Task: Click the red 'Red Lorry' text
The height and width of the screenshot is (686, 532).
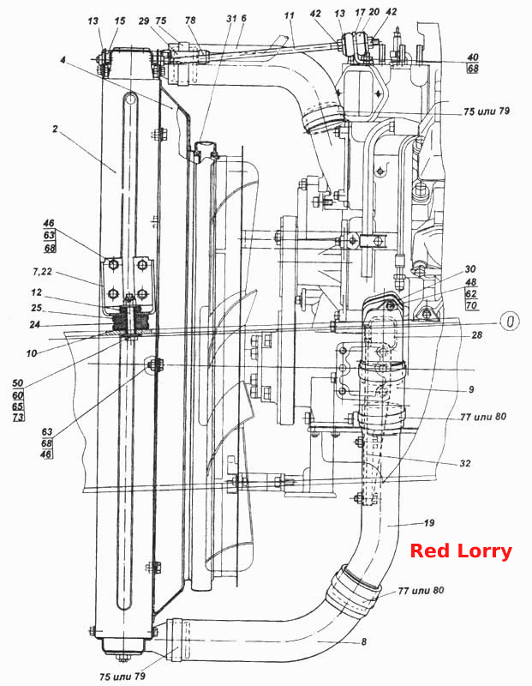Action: pos(461,551)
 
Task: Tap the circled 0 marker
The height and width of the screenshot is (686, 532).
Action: pos(509,322)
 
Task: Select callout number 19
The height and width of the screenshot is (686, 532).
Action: pos(429,523)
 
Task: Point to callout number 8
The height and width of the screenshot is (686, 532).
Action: pos(364,641)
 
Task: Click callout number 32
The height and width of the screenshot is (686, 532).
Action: pos(465,463)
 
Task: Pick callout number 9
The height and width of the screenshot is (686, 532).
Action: pos(471,389)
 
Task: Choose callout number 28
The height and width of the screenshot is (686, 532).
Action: pos(476,334)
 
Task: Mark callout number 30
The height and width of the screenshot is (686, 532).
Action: pos(470,269)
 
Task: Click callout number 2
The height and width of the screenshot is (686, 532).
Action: pos(55,129)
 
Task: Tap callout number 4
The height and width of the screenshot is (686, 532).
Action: pos(63,60)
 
